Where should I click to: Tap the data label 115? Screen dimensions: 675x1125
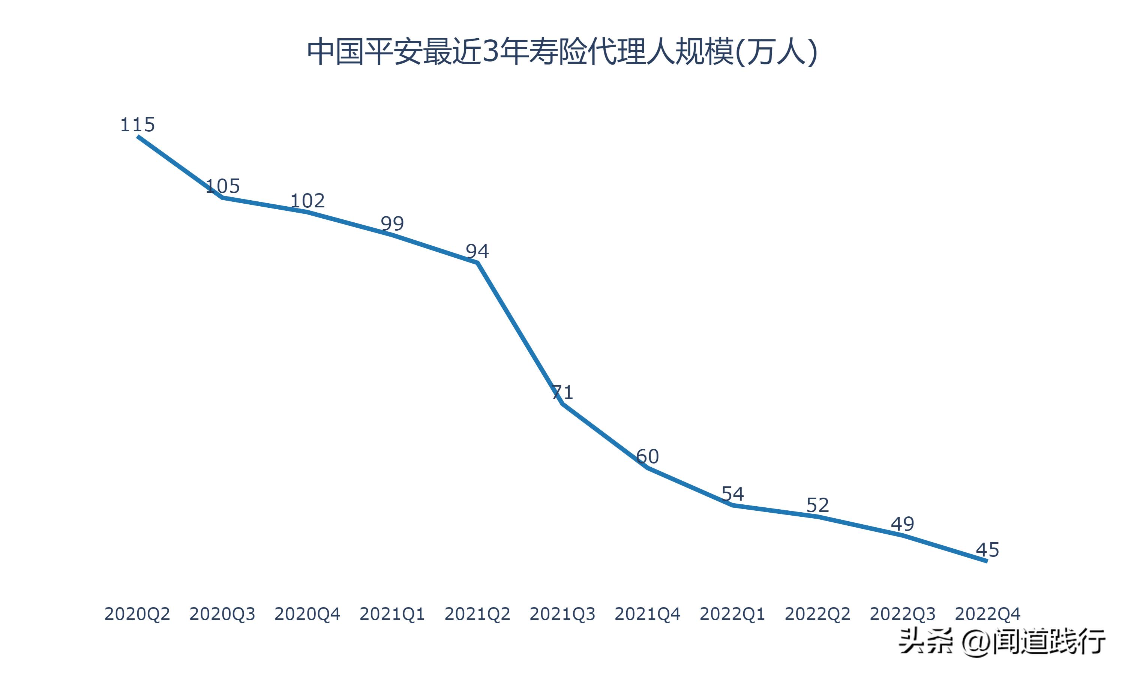tap(137, 124)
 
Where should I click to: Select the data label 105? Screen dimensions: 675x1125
tap(222, 186)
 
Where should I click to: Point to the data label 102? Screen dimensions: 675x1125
tap(307, 201)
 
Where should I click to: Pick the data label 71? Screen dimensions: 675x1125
tap(562, 392)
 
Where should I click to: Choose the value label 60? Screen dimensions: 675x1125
tap(647, 457)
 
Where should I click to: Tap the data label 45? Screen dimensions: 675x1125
tap(987, 550)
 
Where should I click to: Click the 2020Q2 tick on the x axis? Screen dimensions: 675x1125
tap(137, 614)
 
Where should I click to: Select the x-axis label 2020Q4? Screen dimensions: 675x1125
tap(307, 614)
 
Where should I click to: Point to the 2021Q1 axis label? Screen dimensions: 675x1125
tap(392, 614)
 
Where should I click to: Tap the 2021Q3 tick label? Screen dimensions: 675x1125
tap(562, 614)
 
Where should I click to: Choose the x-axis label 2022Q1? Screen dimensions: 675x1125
tap(732, 614)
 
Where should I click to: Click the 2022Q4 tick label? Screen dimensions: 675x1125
tap(987, 614)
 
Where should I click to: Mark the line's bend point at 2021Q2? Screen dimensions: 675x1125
tap(477, 262)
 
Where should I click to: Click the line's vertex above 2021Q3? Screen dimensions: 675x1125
tap(562, 403)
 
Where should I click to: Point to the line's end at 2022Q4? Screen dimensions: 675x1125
tap(986, 561)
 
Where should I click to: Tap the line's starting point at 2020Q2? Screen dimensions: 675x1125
tap(138, 136)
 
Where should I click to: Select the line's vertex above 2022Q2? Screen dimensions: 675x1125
tap(817, 517)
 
